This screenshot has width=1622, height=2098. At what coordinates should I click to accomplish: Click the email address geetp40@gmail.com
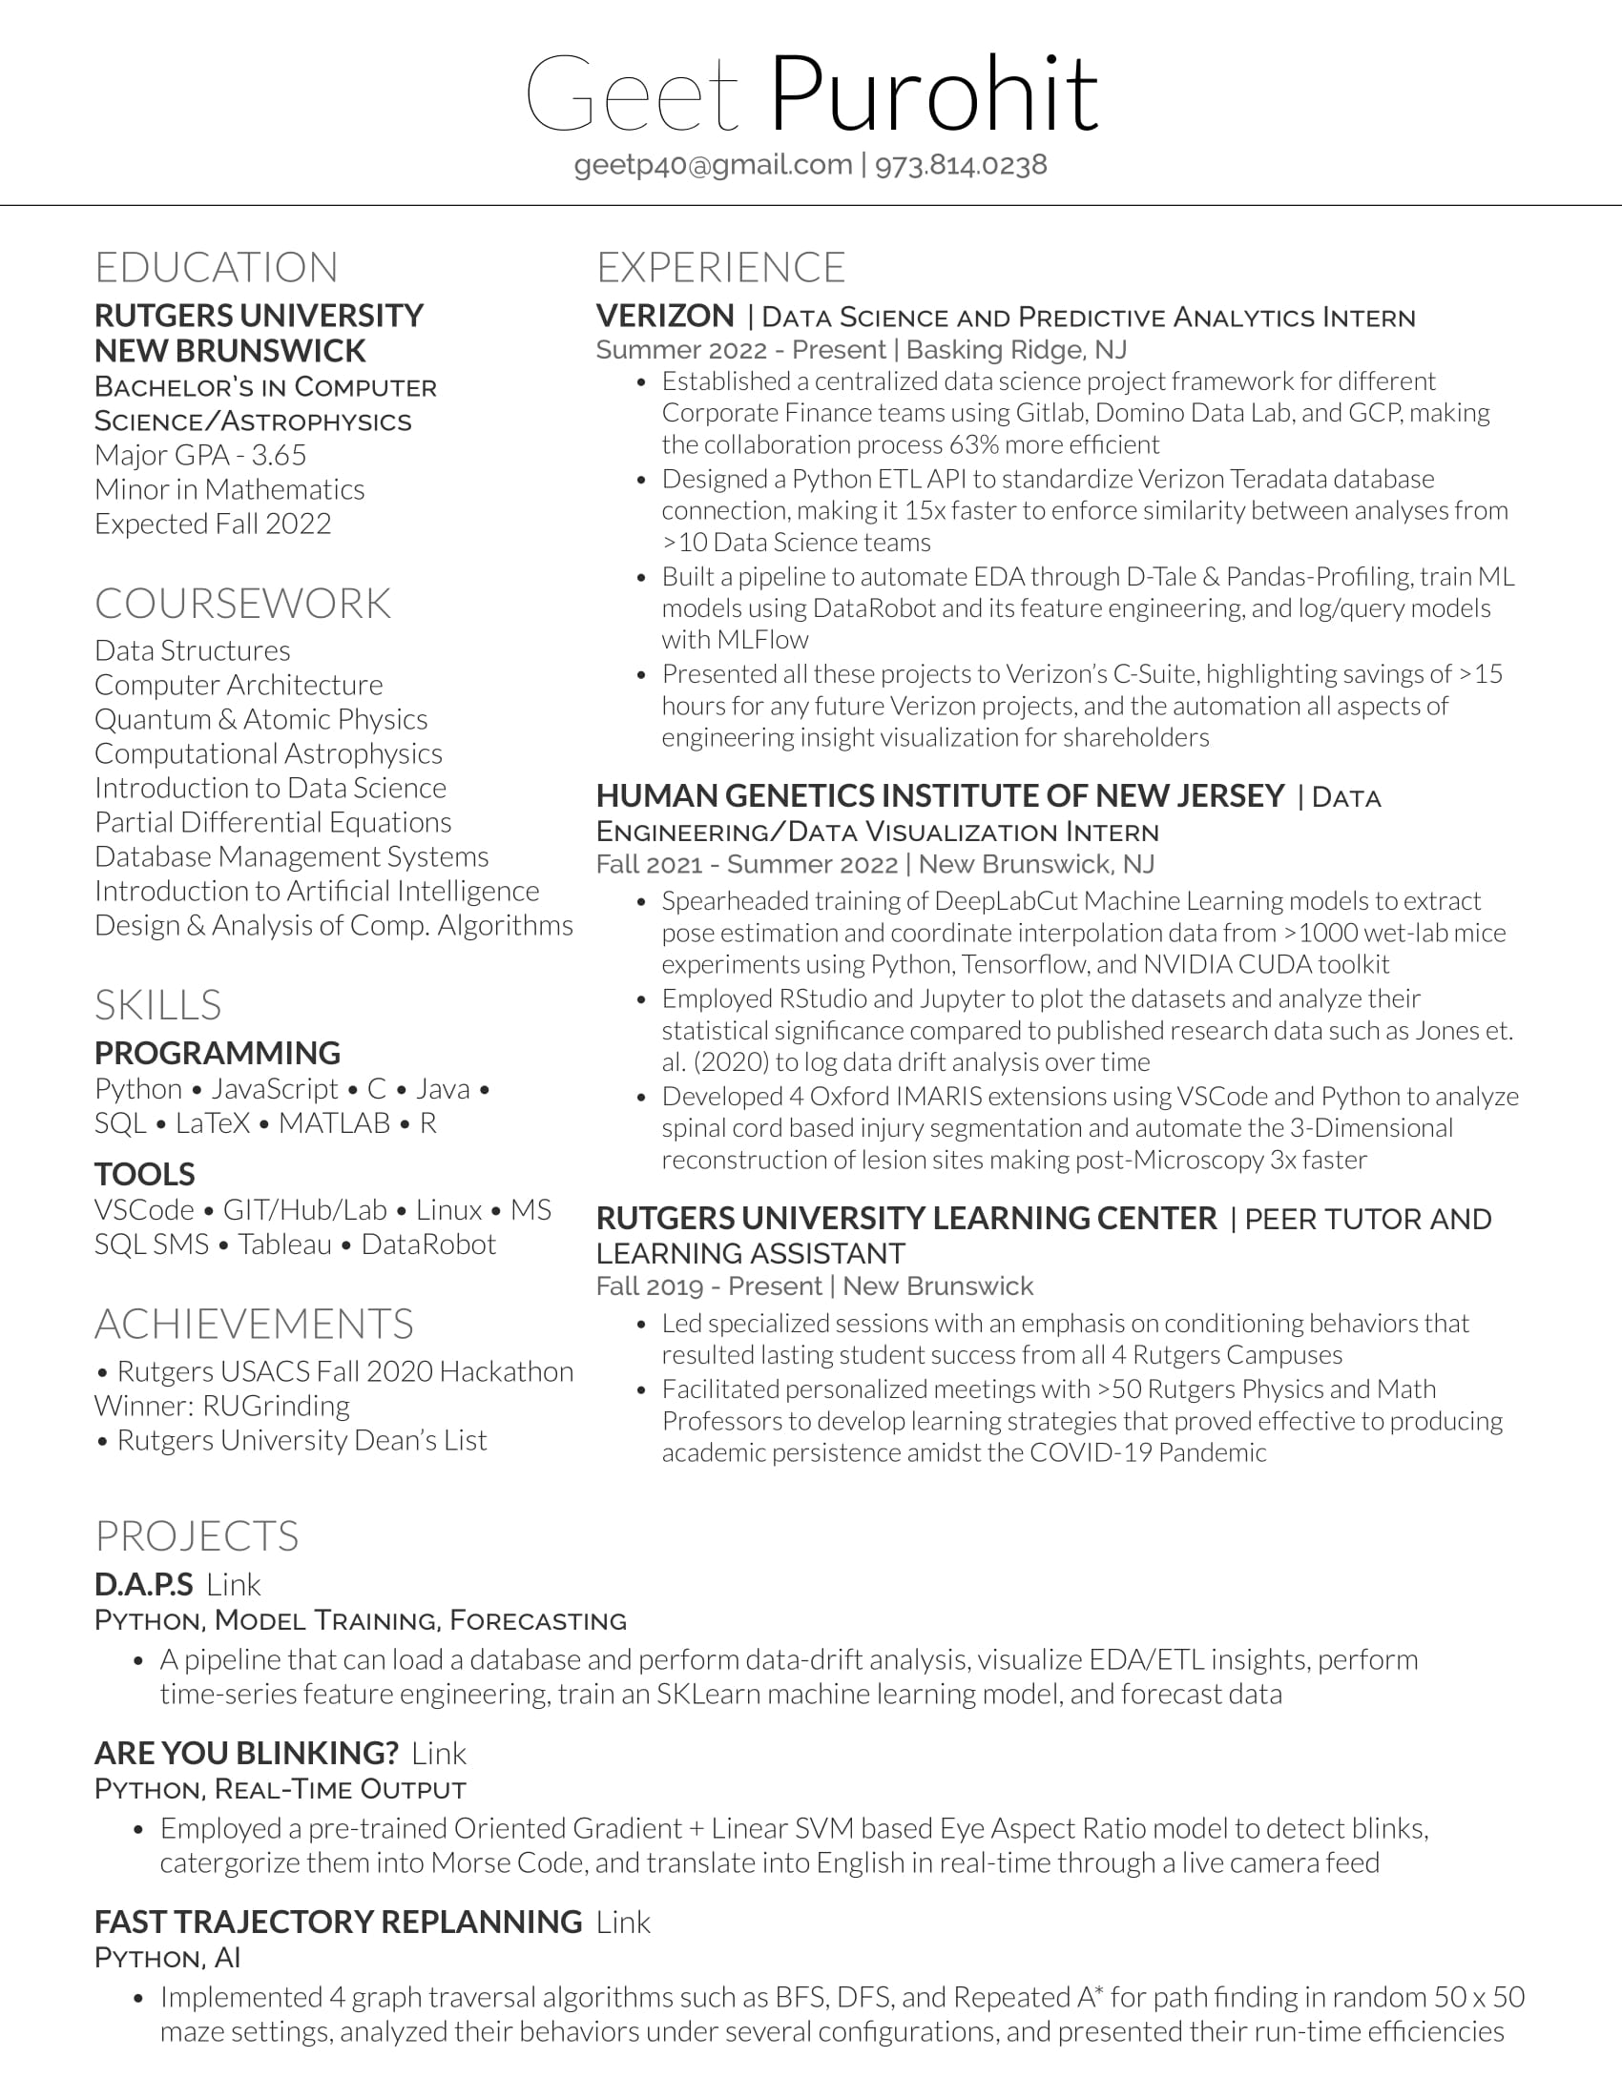click(713, 165)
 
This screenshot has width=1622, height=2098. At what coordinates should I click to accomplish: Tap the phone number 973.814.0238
click(961, 165)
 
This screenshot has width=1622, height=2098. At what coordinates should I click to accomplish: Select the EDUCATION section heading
click(217, 267)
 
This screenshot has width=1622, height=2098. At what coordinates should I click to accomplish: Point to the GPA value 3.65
click(279, 454)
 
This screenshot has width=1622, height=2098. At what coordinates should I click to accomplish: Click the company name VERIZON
click(665, 316)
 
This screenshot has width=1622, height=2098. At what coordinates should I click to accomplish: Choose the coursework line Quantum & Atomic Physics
click(260, 718)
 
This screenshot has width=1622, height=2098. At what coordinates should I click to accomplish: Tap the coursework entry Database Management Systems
click(291, 856)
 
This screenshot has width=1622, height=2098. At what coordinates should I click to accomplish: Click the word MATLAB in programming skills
click(334, 1123)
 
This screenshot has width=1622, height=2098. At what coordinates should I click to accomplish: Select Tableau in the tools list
click(284, 1244)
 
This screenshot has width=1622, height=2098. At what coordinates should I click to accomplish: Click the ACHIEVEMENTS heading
click(254, 1324)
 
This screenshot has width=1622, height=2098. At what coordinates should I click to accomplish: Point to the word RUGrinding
click(277, 1406)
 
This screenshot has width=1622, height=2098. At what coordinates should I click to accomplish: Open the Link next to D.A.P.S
click(234, 1585)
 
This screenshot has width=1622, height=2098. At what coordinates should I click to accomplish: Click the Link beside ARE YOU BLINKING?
click(438, 1753)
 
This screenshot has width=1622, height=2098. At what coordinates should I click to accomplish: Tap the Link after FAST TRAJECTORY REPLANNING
click(623, 1923)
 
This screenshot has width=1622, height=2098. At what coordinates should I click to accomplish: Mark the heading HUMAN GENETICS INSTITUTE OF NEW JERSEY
click(940, 795)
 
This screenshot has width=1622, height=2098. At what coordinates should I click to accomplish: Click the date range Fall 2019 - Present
click(707, 1286)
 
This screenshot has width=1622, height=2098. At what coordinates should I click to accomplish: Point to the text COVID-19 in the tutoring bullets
click(1090, 1452)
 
